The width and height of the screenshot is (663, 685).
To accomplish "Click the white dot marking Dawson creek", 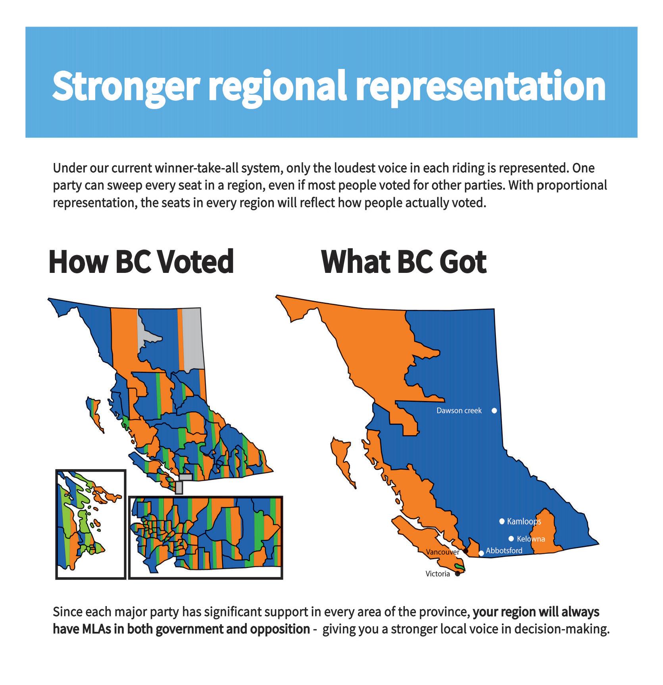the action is pyautogui.click(x=494, y=411).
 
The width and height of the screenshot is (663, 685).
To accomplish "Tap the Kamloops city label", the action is pyautogui.click(x=524, y=521).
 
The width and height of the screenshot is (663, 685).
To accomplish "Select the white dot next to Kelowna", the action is pyautogui.click(x=511, y=539).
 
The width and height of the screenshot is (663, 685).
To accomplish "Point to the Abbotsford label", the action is pyautogui.click(x=504, y=551).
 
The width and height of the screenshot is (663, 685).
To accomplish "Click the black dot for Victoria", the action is pyautogui.click(x=457, y=574).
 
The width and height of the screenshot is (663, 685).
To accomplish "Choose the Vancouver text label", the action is pyautogui.click(x=442, y=552).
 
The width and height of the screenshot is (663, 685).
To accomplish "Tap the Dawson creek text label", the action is pyautogui.click(x=459, y=411).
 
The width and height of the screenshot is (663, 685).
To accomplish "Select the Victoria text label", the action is pyautogui.click(x=438, y=574).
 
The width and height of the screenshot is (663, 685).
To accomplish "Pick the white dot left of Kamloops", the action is pyautogui.click(x=502, y=521).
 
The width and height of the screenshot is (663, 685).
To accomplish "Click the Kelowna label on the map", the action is pyautogui.click(x=531, y=539).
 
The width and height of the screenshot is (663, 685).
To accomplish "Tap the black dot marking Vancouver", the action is pyautogui.click(x=466, y=551).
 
